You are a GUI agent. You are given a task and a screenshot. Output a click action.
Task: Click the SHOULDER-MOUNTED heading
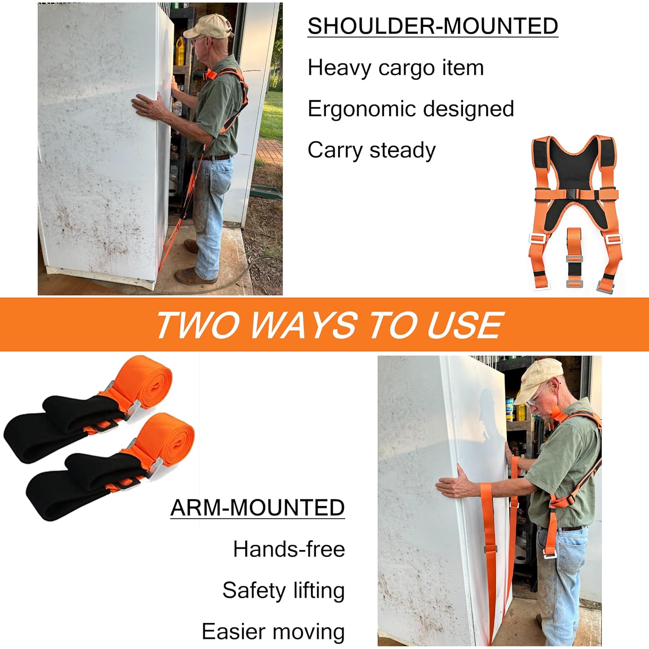point(433,26)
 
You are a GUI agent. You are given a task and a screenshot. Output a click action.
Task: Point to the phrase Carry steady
point(371,151)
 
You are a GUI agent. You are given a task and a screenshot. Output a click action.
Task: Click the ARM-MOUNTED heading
point(257,508)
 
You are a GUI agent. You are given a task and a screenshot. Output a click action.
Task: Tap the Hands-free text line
point(289,549)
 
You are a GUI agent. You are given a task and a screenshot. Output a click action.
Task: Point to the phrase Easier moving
point(273,632)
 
